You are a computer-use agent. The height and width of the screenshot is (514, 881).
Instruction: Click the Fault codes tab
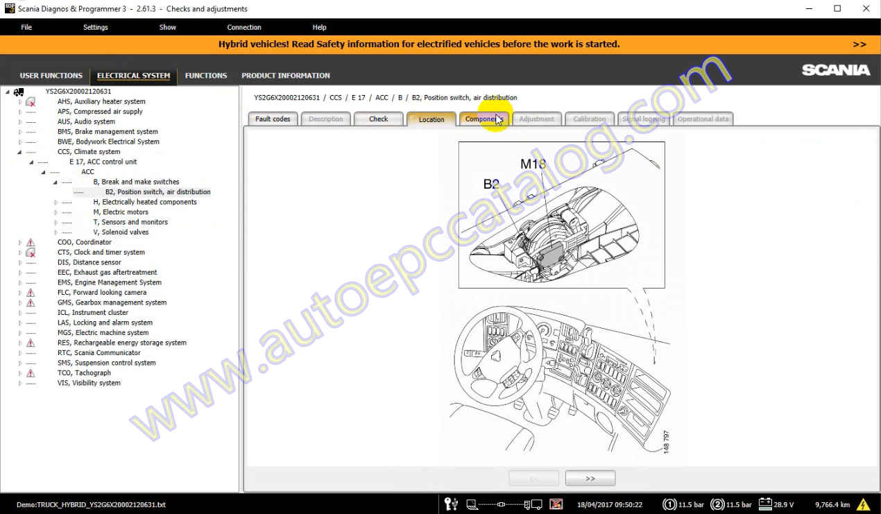click(273, 119)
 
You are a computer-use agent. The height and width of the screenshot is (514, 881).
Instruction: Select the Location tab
click(431, 119)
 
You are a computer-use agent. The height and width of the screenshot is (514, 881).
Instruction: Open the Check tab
click(378, 119)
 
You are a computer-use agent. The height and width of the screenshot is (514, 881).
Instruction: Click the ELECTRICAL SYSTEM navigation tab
click(133, 76)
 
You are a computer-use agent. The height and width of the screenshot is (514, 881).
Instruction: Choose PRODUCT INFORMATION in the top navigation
click(285, 76)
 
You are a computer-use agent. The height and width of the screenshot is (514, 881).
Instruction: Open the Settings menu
click(96, 28)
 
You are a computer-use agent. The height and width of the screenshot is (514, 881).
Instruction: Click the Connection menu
click(244, 28)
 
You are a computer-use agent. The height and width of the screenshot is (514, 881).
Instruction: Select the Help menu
click(319, 28)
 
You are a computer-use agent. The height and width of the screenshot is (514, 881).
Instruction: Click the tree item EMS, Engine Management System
click(109, 282)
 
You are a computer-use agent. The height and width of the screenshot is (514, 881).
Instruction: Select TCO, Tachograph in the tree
click(84, 373)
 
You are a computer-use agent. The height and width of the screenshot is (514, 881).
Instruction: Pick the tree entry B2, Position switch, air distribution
click(157, 192)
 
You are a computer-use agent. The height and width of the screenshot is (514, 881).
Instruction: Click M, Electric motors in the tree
click(121, 212)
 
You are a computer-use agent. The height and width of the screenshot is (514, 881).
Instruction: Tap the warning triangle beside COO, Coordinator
click(31, 243)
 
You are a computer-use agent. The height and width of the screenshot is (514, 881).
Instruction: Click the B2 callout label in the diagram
click(491, 184)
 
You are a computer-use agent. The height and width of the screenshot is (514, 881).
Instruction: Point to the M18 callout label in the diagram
click(533, 164)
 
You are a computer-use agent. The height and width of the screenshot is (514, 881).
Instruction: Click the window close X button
click(865, 9)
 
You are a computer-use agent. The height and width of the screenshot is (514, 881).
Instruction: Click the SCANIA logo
click(835, 70)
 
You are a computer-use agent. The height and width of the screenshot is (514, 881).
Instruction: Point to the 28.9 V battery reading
click(783, 504)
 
